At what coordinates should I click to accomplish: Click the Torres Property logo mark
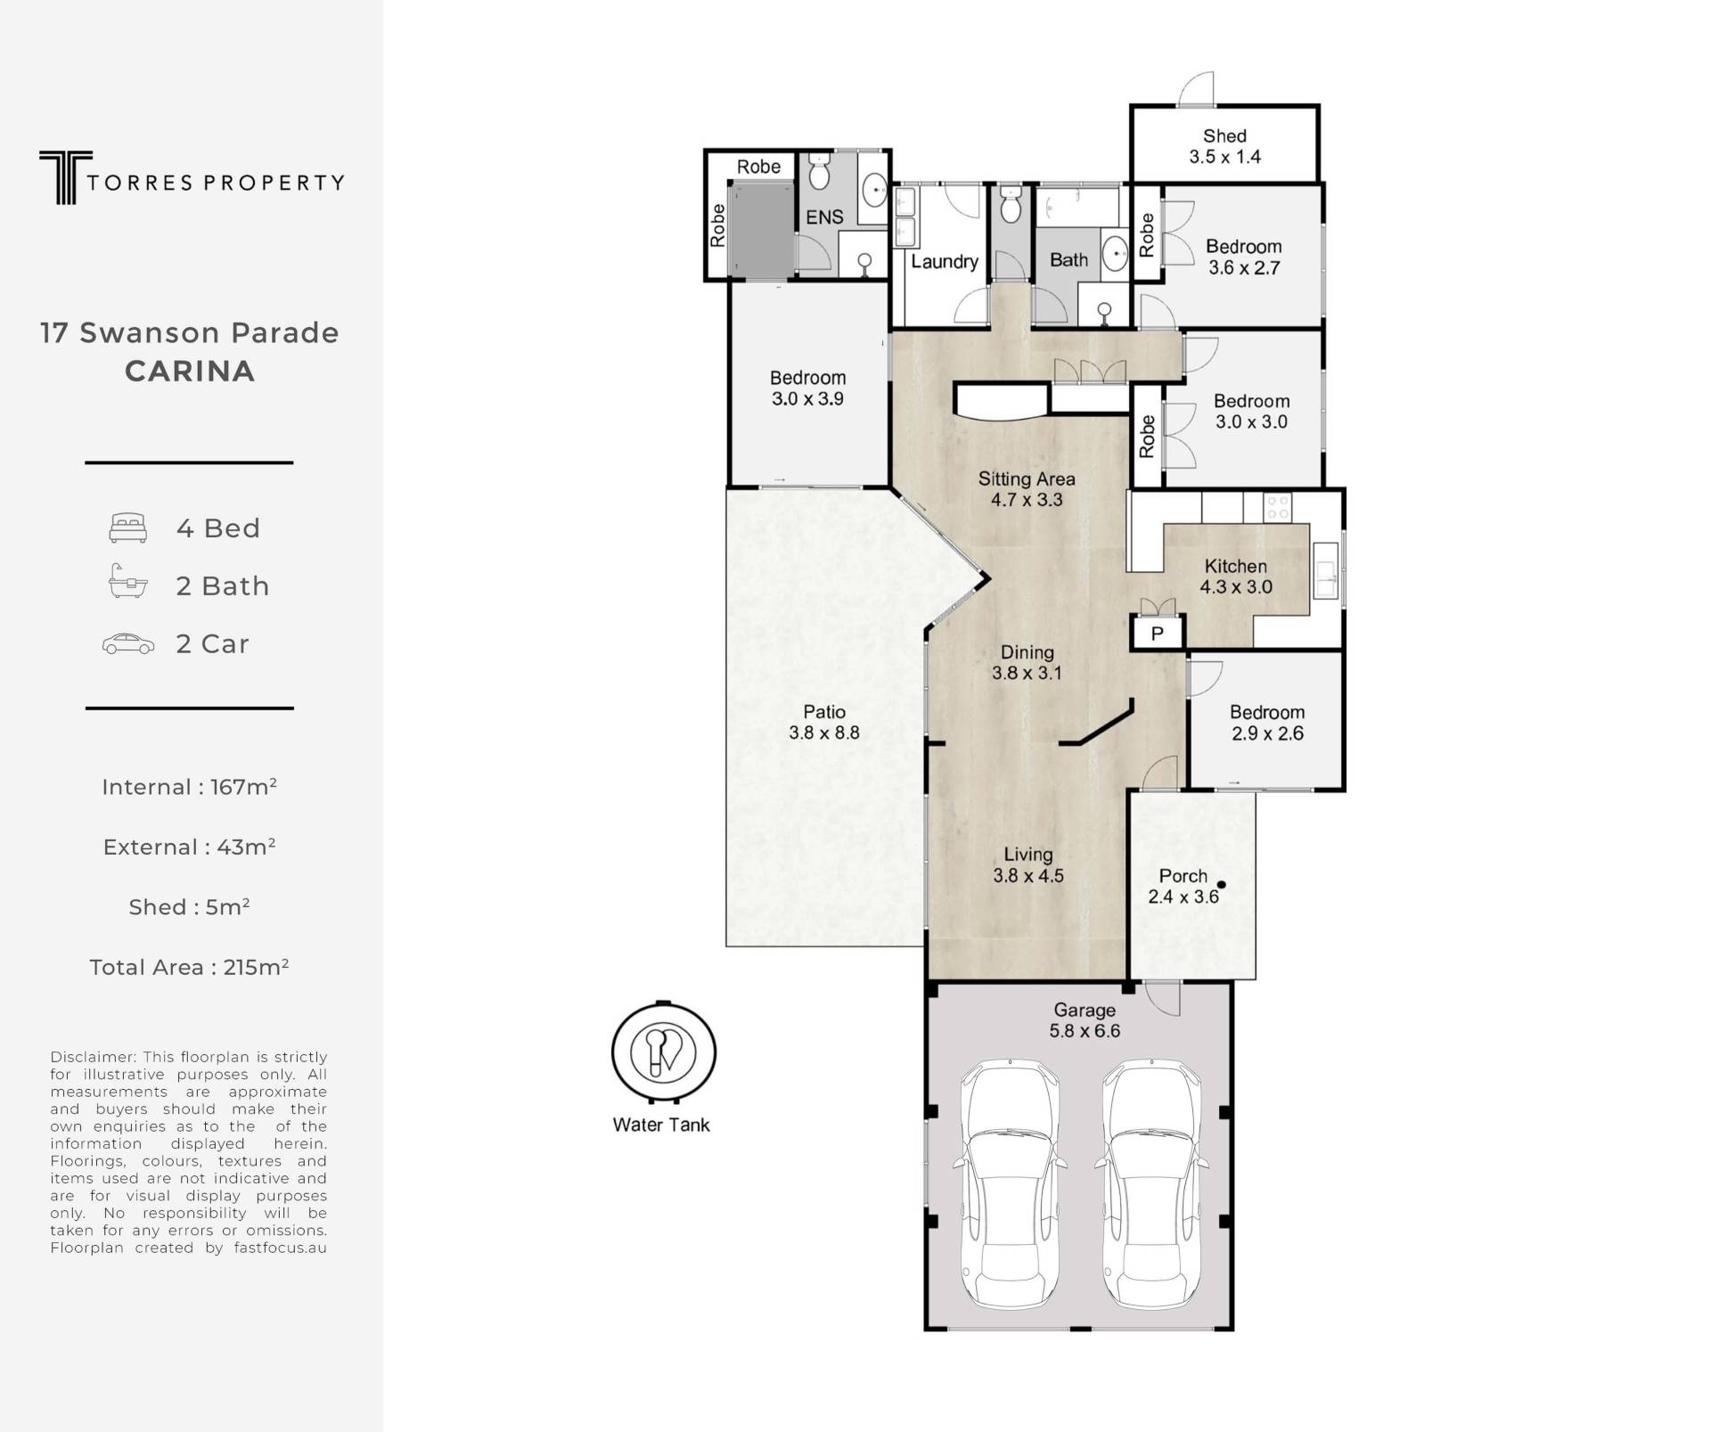[65, 177]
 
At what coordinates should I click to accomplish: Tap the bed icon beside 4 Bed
[127, 528]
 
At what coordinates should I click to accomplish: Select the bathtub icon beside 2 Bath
[127, 581]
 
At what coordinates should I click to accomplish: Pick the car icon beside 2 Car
[128, 643]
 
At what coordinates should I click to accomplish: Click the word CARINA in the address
[190, 371]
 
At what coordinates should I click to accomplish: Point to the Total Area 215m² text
[189, 967]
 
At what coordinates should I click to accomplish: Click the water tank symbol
[663, 1051]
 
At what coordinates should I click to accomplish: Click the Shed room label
[1224, 136]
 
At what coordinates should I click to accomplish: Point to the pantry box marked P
[1158, 633]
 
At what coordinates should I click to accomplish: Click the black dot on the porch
[1222, 885]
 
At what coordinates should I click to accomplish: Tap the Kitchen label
[1236, 566]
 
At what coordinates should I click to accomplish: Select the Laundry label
[945, 262]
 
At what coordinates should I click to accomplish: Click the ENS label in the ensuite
[824, 217]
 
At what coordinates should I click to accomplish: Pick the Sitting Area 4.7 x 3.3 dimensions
[1027, 500]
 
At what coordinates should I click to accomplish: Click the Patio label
[824, 712]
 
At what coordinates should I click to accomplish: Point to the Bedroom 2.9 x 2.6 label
[1267, 723]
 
